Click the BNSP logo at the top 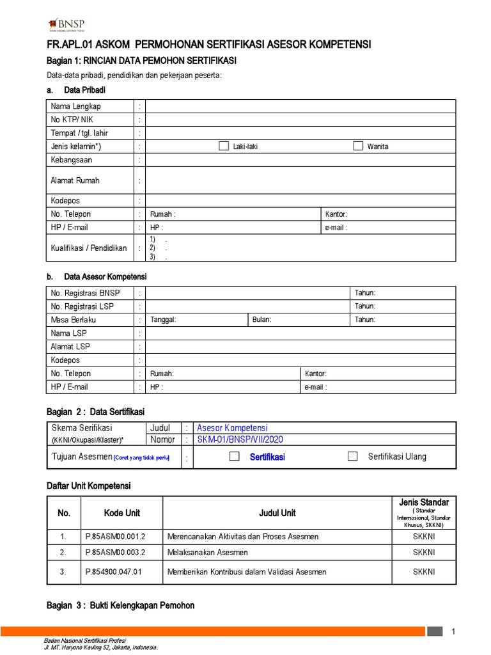(66, 24)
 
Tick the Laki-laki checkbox (223, 146)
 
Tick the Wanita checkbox (358, 146)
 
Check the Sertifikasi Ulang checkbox (352, 456)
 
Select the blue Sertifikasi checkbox (235, 456)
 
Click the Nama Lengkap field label (75, 106)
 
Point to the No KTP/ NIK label (72, 120)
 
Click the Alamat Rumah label (75, 180)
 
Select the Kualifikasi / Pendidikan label (88, 248)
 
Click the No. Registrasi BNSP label (85, 293)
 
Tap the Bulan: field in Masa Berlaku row (262, 320)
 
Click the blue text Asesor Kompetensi (232, 428)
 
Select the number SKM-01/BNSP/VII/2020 (239, 439)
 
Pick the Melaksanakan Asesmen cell (207, 552)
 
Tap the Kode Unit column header (122, 513)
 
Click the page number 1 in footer (453, 633)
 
